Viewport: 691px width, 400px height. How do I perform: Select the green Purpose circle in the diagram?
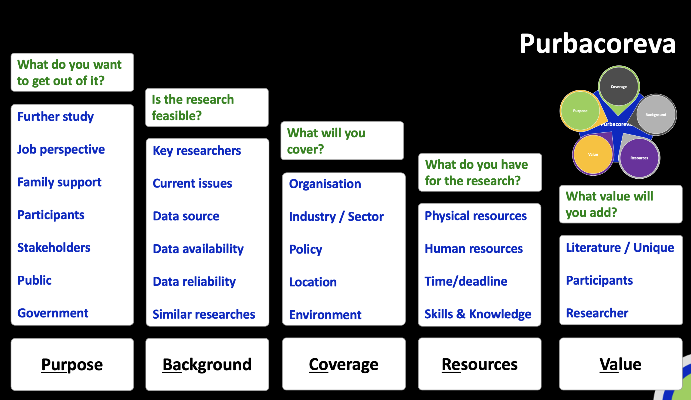point(580,111)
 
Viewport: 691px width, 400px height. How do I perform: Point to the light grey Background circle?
point(656,115)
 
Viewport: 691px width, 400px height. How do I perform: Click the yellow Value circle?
point(593,155)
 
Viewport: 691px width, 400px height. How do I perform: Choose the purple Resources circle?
point(639,158)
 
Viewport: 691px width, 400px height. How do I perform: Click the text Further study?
point(55,117)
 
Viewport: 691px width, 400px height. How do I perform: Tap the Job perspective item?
point(61,150)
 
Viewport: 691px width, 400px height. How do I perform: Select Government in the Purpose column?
point(53,313)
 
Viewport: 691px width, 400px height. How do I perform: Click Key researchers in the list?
point(197,151)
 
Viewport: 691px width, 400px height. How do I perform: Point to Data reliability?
point(194,282)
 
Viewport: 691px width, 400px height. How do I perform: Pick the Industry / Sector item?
point(336,216)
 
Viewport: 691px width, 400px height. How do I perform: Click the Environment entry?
point(325,315)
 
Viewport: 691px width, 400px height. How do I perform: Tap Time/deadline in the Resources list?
point(466,281)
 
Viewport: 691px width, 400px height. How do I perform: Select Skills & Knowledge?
point(478,314)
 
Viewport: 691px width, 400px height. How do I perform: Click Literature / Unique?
point(620,248)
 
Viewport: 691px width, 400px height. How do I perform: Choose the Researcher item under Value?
point(597,313)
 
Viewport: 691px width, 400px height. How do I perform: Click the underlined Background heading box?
point(207,364)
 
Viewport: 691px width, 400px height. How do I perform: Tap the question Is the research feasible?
point(193,107)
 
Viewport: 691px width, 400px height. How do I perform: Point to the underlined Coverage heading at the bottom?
point(344,364)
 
